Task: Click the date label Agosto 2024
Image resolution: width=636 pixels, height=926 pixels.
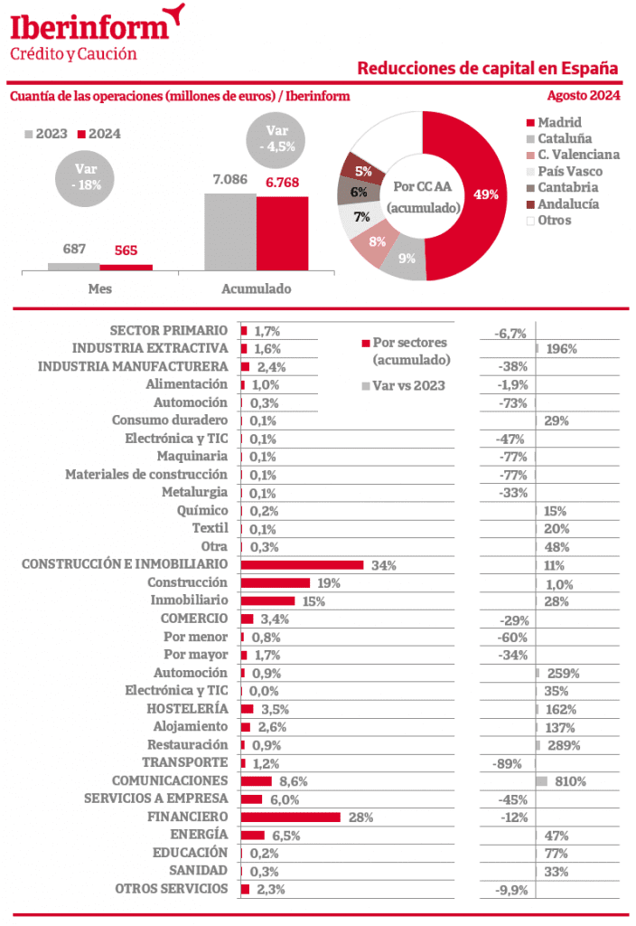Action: tap(583, 96)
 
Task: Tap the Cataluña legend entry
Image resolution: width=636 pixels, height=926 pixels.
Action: tap(565, 138)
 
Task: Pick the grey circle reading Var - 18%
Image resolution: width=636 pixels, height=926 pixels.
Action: tap(87, 176)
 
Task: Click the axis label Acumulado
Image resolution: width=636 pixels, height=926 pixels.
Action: tap(256, 289)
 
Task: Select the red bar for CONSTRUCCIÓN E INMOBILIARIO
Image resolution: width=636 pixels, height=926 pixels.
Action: tap(302, 564)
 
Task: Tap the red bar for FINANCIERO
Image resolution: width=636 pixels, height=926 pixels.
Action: tap(290, 817)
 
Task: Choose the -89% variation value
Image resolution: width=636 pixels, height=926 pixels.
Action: tap(507, 763)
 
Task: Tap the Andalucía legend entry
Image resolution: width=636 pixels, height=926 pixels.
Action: tap(567, 203)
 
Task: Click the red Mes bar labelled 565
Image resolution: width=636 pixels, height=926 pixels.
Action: tap(126, 267)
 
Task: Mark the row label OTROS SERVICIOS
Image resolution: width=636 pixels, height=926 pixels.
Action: tap(172, 889)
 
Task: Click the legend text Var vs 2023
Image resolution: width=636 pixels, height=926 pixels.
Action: tap(409, 385)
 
